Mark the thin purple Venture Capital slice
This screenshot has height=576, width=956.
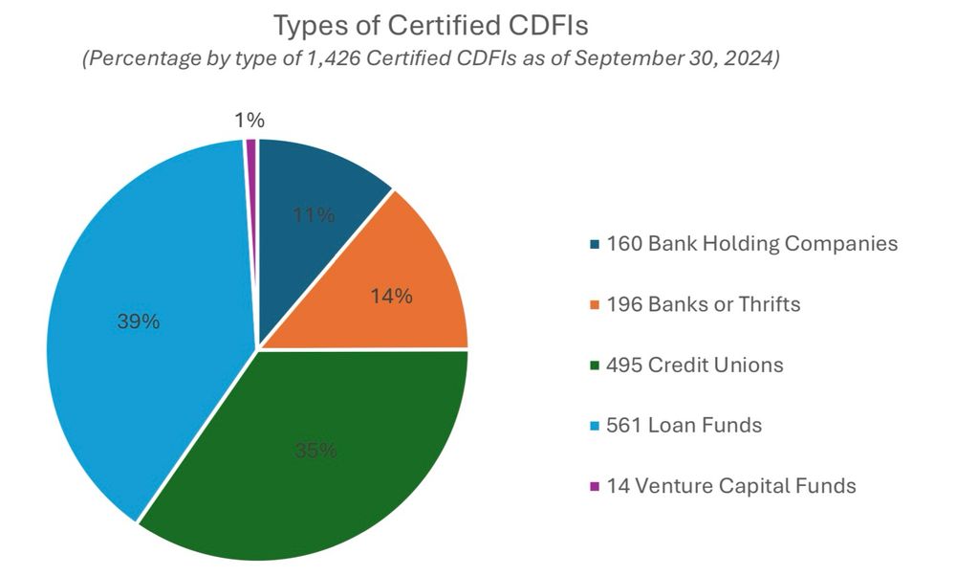(x=251, y=191)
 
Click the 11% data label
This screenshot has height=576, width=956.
(x=314, y=215)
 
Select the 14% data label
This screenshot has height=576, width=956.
(x=391, y=297)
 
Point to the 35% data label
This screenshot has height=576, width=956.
(x=315, y=450)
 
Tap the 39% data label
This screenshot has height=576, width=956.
(x=138, y=321)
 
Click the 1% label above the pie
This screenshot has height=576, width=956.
(x=249, y=121)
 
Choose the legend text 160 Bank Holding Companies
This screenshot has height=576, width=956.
(x=752, y=243)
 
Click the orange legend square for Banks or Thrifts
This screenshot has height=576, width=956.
(x=595, y=305)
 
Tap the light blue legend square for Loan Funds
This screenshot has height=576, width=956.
(x=595, y=426)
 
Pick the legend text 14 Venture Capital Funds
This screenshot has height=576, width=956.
(x=731, y=485)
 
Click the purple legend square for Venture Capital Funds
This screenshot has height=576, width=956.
(x=595, y=486)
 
